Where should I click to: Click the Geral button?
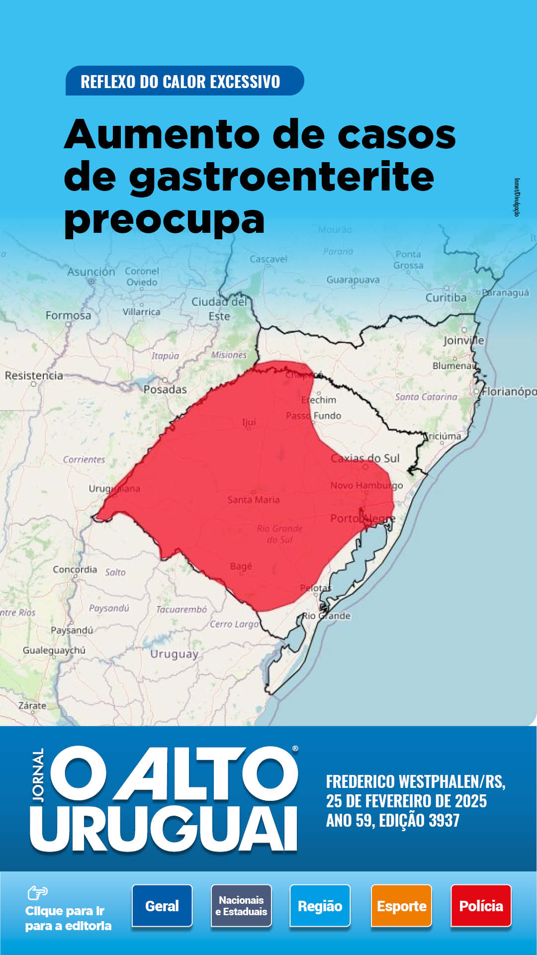point(162,906)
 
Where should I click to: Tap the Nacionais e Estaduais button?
point(241,906)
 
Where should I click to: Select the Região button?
point(320,906)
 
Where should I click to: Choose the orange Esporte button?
point(401,906)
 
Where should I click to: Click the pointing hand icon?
point(37,893)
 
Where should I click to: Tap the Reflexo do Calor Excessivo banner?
point(184,81)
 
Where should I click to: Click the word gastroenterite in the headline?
point(281,177)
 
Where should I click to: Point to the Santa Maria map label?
point(253,499)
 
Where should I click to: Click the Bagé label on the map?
point(241,566)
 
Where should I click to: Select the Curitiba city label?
point(446,297)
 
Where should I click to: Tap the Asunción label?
point(91,272)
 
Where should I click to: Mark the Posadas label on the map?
point(165,389)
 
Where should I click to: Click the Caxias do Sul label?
point(365,458)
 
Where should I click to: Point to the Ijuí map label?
point(249,422)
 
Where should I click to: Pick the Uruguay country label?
point(175,654)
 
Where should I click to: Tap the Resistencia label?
point(34,376)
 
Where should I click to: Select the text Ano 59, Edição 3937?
point(393,820)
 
